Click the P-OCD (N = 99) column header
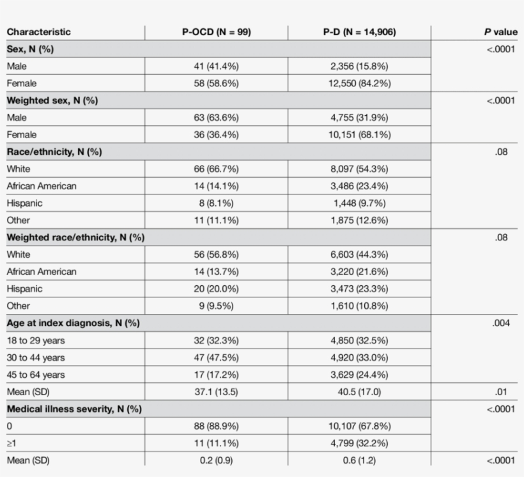pyautogui.click(x=216, y=32)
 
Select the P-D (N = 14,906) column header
pyautogui.click(x=359, y=32)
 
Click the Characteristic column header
pyautogui.click(x=38, y=32)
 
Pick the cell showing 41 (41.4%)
pyautogui.click(x=216, y=66)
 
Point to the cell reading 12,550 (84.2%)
pyautogui.click(x=359, y=83)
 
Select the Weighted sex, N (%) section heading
pyautogui.click(x=52, y=100)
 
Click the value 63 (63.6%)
pyautogui.click(x=216, y=118)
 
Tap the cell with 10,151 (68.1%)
pyautogui.click(x=359, y=135)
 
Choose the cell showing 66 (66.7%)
pyautogui.click(x=216, y=169)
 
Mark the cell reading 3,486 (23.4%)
pyautogui.click(x=359, y=186)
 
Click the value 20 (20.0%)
pyautogui.click(x=216, y=288)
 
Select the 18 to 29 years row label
pyautogui.click(x=36, y=340)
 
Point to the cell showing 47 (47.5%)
pyautogui.click(x=216, y=357)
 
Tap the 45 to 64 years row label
pyautogui.click(x=36, y=375)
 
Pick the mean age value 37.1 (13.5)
pyautogui.click(x=216, y=391)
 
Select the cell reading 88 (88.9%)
pyautogui.click(x=216, y=426)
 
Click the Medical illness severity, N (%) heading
pyautogui.click(x=74, y=409)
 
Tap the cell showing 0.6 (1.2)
pyautogui.click(x=359, y=460)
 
